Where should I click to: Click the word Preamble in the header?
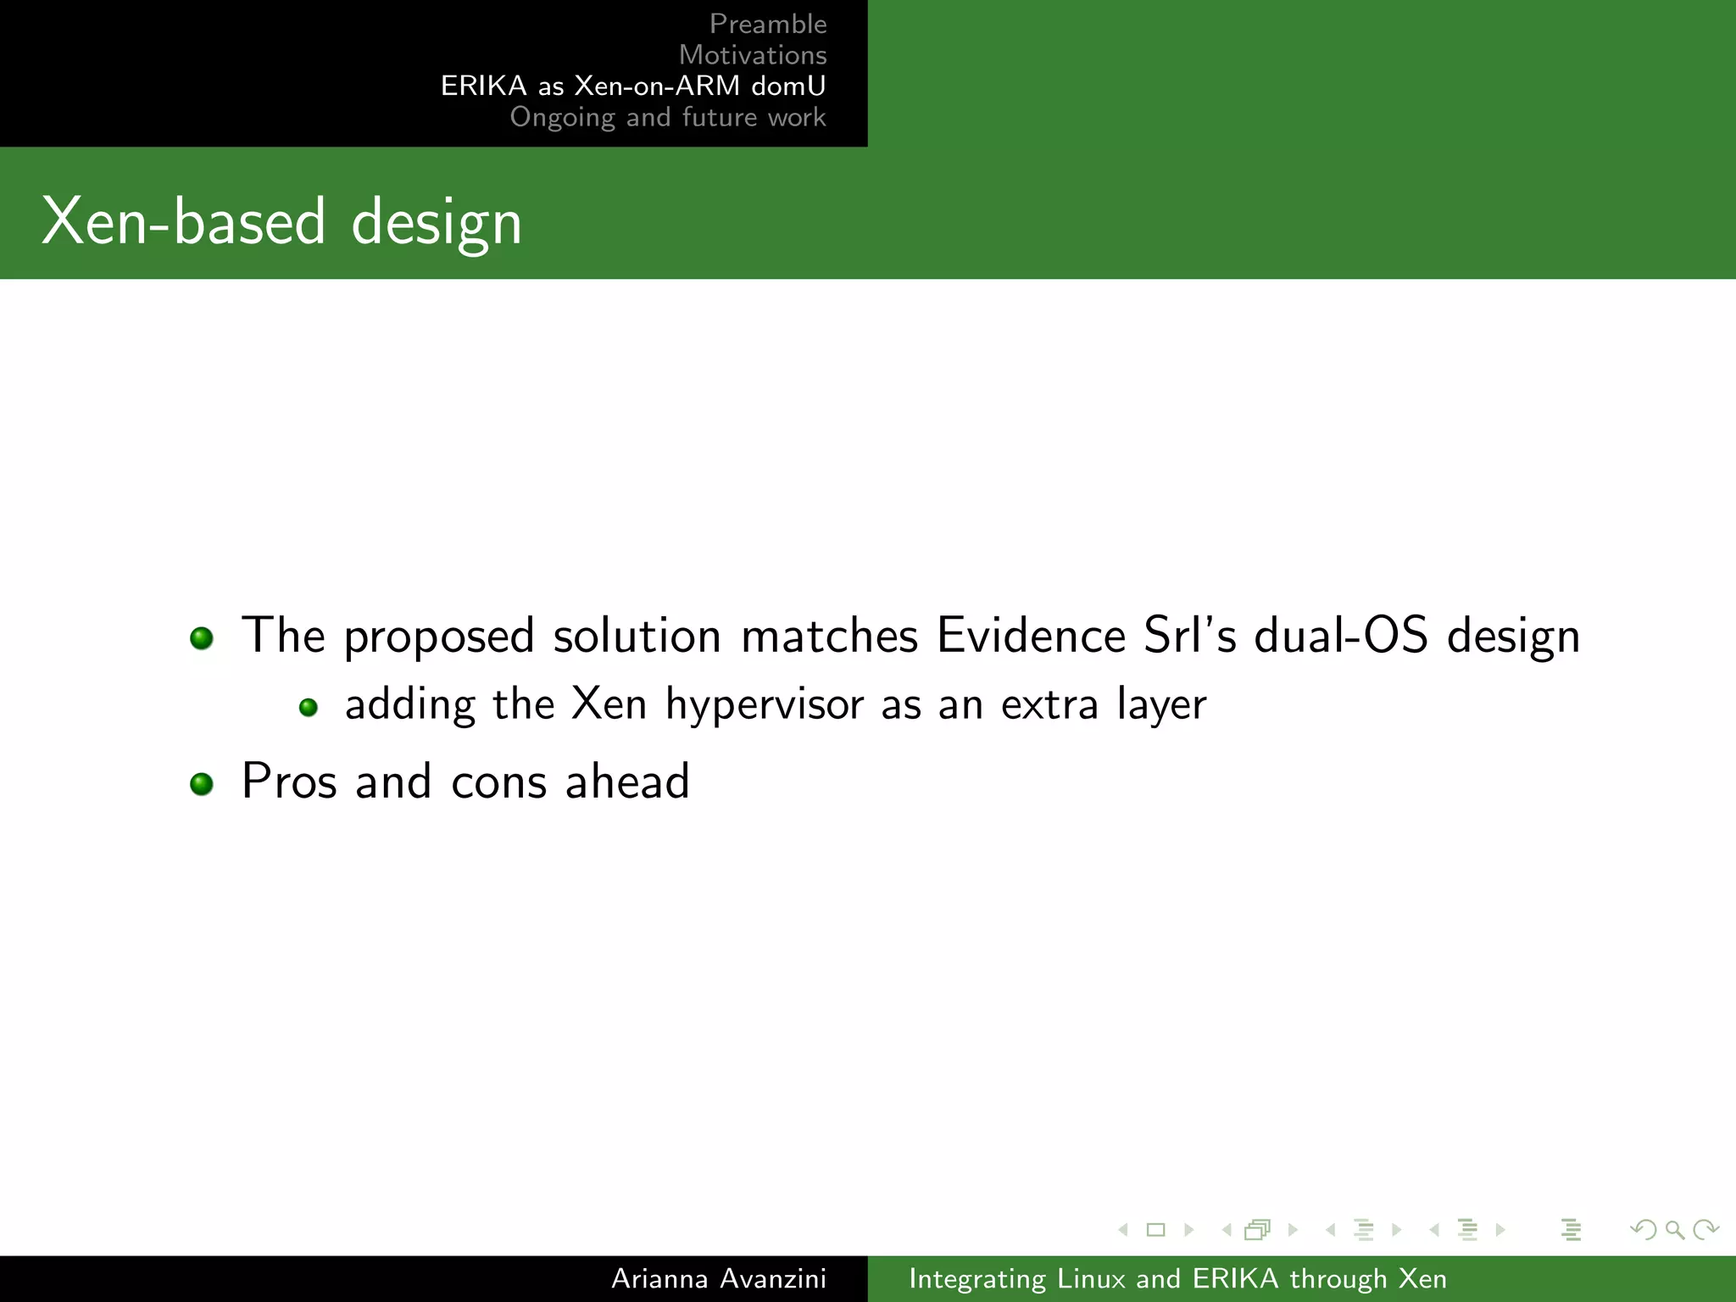click(x=767, y=24)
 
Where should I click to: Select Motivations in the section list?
click(x=752, y=55)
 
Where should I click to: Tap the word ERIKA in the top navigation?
click(x=483, y=86)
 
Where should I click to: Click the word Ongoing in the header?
click(x=562, y=117)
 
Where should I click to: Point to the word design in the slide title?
click(x=436, y=222)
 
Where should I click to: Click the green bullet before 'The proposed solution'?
click(x=202, y=637)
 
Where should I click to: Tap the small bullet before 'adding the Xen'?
click(x=309, y=707)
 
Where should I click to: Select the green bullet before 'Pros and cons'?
click(x=202, y=783)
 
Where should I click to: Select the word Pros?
click(x=289, y=781)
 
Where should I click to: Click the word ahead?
click(x=627, y=781)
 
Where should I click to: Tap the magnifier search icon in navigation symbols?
click(x=1674, y=1230)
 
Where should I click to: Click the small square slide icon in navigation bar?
click(x=1155, y=1230)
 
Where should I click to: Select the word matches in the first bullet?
click(x=829, y=635)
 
